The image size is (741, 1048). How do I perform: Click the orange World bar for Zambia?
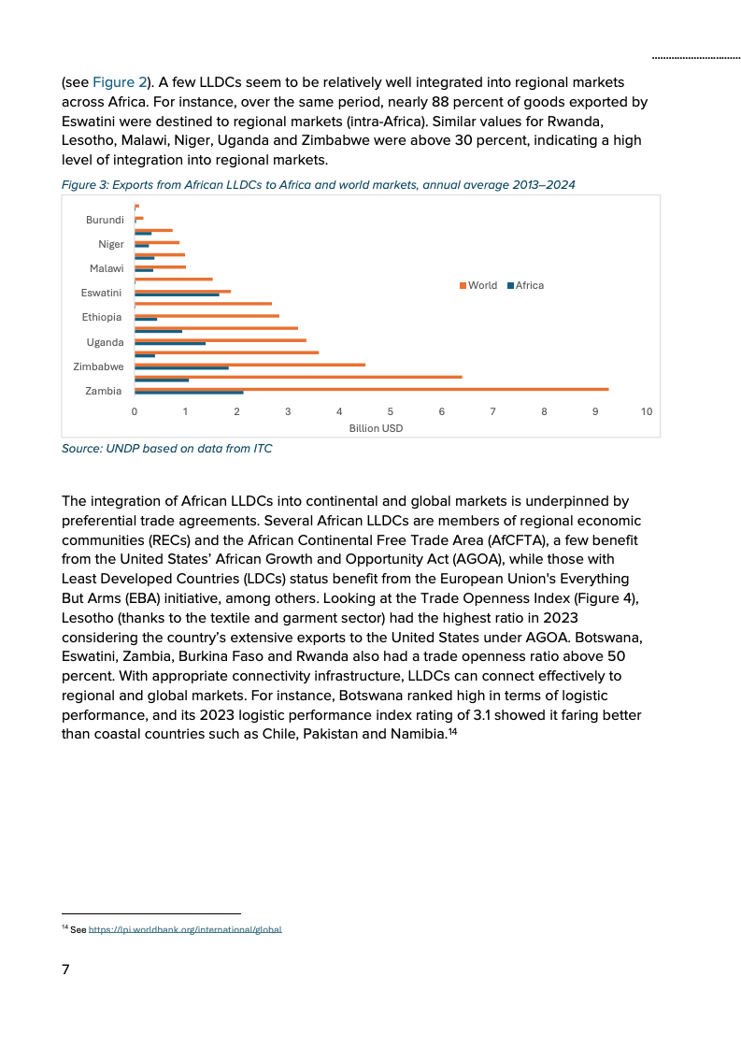tap(371, 389)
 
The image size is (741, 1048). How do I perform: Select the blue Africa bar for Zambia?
tap(189, 393)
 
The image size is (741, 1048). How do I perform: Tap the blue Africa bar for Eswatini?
tap(178, 294)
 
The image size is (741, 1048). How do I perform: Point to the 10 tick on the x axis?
tap(647, 411)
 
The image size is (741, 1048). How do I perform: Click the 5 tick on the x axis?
tap(391, 411)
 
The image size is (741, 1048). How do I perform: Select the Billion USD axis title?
tap(376, 427)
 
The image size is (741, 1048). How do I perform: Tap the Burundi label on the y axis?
tap(105, 220)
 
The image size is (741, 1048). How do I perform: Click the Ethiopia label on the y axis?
tap(102, 317)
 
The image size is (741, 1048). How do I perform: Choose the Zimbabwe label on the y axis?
tap(98, 366)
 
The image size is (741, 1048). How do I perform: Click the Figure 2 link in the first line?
tap(120, 82)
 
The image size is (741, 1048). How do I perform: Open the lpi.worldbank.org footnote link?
tap(185, 929)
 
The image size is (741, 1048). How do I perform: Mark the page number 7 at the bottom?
tap(65, 969)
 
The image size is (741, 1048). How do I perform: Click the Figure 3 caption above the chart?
tap(318, 185)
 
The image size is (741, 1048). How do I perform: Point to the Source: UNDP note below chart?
tap(166, 449)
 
